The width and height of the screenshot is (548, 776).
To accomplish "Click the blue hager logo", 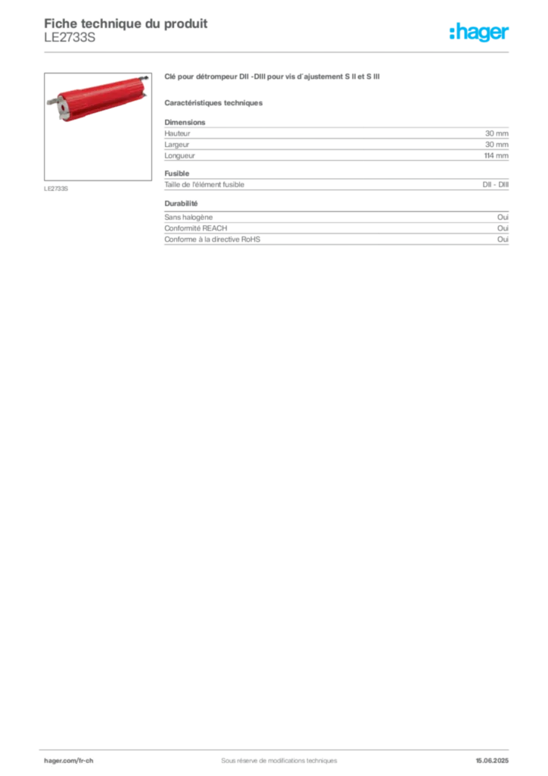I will [x=480, y=33].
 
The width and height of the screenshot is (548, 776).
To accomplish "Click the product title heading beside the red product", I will [x=271, y=77].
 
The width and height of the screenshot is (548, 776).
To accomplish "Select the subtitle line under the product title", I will [x=215, y=103].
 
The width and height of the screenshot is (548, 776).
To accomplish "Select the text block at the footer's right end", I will [x=495, y=756].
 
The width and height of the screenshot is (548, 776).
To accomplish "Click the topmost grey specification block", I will [x=335, y=140].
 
